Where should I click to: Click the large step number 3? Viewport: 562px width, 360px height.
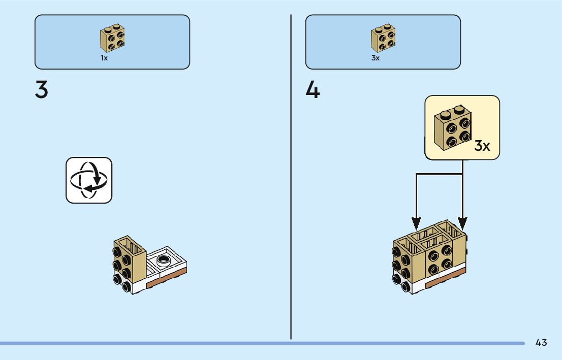[42, 90]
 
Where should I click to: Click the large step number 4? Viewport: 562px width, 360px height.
[313, 90]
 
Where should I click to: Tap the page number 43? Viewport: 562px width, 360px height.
[541, 343]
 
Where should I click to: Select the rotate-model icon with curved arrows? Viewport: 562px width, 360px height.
[89, 180]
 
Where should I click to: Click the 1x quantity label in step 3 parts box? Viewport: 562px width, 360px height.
[104, 58]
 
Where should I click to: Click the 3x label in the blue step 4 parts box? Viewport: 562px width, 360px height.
[376, 58]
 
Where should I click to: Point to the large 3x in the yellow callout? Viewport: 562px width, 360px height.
[482, 146]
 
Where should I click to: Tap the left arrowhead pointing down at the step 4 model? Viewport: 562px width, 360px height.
[417, 223]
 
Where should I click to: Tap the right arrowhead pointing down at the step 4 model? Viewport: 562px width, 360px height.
[462, 223]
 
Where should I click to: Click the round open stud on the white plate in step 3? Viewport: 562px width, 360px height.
[164, 261]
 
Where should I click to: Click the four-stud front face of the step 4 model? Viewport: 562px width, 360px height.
[438, 259]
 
